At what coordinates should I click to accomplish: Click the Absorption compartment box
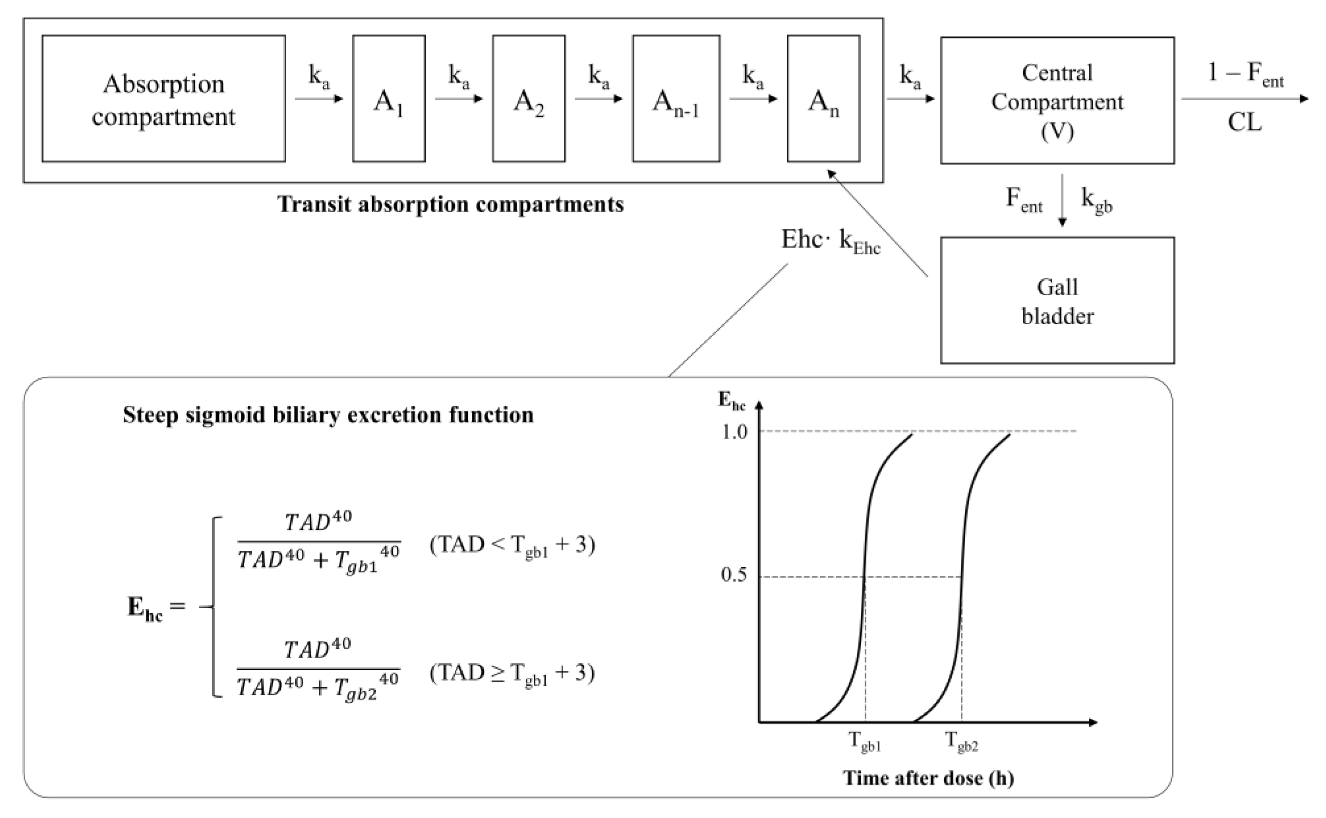point(163,99)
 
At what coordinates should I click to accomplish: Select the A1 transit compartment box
point(388,99)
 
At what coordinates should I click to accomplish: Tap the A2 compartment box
point(529,99)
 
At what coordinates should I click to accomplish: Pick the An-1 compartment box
point(676,99)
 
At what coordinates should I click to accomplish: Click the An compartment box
point(823,99)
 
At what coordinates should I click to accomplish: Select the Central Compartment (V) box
point(1057,101)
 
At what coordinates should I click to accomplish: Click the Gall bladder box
point(1057,300)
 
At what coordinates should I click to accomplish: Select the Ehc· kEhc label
point(830,241)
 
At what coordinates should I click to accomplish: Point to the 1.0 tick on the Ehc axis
point(734,432)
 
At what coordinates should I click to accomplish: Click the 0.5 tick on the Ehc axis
point(734,575)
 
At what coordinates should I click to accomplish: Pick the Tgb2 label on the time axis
point(961,741)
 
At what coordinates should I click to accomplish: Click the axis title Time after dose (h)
point(928,778)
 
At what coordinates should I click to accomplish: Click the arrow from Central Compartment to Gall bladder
point(1062,199)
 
